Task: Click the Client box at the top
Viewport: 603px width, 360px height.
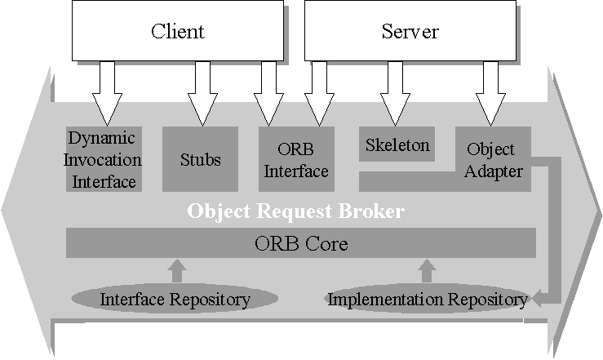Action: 177,32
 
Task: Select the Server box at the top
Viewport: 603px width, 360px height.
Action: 410,32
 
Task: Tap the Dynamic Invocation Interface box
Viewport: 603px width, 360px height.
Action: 104,159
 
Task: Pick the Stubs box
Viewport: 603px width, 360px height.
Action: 200,158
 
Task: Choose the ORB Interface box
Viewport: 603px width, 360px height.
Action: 295,160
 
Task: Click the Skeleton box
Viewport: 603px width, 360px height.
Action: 397,145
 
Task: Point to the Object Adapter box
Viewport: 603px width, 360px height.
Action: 491,160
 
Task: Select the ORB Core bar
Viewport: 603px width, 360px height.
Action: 300,243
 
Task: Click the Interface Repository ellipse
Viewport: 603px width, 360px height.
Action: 175,299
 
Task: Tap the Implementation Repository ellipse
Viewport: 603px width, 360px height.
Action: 427,299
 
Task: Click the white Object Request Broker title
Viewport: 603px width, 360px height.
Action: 295,211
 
